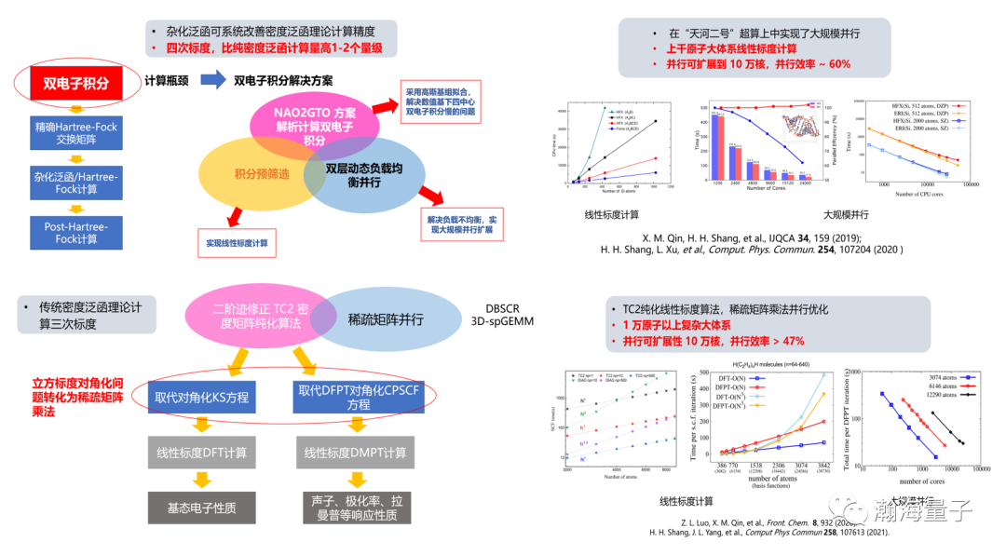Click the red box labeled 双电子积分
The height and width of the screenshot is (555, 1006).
76,83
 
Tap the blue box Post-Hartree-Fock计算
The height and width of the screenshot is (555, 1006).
76,232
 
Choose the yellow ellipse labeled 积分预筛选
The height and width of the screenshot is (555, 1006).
247,174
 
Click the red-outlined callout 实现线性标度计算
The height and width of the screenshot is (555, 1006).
237,243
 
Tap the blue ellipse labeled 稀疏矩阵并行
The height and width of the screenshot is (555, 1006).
386,318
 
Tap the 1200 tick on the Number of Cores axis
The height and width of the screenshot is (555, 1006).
716,184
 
